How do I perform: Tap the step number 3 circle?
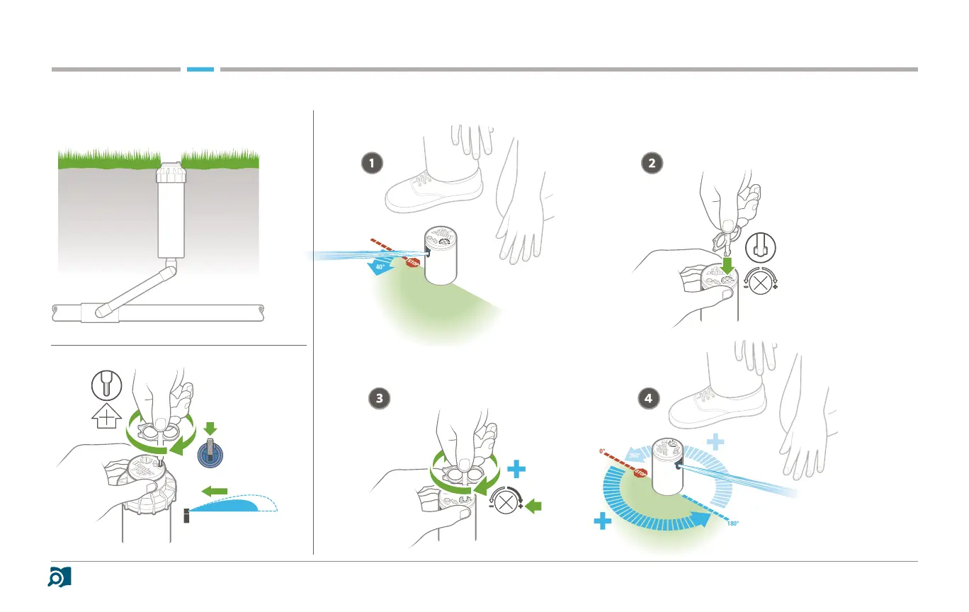coord(381,398)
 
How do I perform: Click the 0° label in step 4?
coord(603,450)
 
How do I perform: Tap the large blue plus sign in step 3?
coord(518,470)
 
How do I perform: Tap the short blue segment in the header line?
coord(200,69)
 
